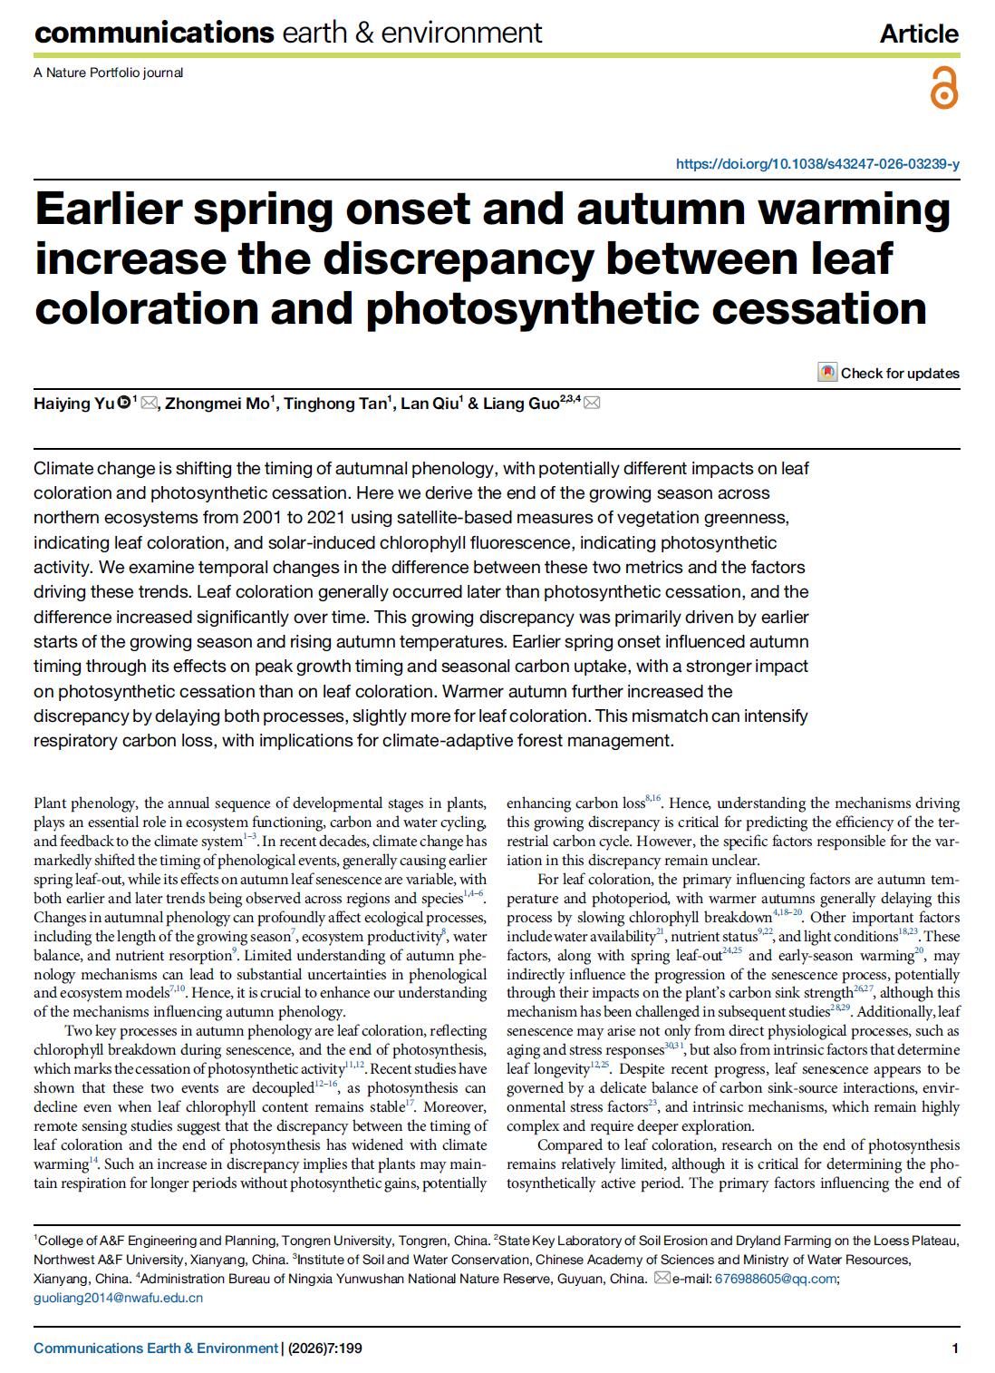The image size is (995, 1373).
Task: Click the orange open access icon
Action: tap(943, 89)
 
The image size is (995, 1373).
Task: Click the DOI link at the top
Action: tap(817, 164)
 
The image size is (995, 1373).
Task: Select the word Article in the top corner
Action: tap(918, 34)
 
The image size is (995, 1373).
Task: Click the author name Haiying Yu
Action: tap(74, 404)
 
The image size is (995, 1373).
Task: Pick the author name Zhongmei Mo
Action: tap(216, 404)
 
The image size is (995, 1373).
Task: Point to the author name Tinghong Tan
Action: tap(335, 404)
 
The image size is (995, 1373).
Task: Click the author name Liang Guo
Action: tap(520, 404)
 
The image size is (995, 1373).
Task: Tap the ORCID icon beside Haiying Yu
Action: tap(123, 403)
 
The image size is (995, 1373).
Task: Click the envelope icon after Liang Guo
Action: tap(592, 403)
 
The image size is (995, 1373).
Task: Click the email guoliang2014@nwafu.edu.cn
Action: tap(118, 1298)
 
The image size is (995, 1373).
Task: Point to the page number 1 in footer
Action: tap(955, 1349)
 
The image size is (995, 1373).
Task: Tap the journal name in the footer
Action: tap(155, 1349)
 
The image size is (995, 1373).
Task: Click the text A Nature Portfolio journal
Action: tap(108, 73)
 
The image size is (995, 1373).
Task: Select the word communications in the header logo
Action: tap(153, 34)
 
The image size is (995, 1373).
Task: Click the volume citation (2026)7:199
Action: tap(325, 1349)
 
